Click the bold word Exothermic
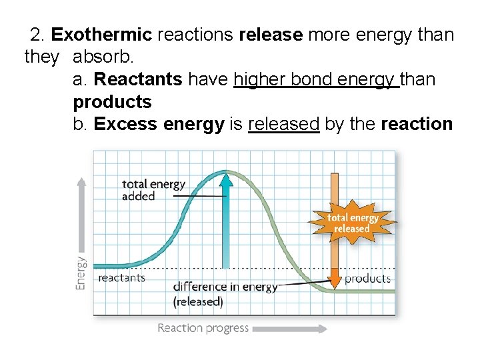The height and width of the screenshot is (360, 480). (102, 35)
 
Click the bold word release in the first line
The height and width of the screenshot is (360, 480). (271, 35)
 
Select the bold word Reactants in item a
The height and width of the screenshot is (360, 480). (138, 79)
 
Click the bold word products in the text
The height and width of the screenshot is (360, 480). (112, 102)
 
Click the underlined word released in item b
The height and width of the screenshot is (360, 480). (283, 124)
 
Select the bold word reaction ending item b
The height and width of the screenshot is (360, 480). (417, 124)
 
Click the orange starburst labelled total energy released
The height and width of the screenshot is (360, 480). (352, 223)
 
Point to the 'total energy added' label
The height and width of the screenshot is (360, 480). (153, 190)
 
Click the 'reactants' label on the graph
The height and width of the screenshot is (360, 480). (121, 278)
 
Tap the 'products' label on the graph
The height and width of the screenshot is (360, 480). (367, 278)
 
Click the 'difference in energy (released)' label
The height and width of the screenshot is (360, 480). (225, 294)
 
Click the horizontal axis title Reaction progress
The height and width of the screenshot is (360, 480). (203, 328)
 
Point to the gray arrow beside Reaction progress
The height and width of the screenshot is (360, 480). (290, 329)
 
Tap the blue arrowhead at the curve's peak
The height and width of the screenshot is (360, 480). (225, 179)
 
